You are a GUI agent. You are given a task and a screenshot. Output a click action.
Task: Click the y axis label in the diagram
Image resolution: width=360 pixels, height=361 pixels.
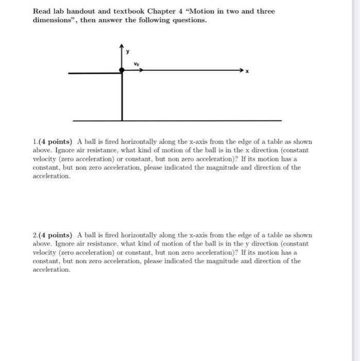point(129,52)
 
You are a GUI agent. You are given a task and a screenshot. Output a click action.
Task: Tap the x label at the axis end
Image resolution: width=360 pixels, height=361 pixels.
point(247,73)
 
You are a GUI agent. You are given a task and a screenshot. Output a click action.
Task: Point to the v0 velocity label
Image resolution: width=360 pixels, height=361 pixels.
point(136,64)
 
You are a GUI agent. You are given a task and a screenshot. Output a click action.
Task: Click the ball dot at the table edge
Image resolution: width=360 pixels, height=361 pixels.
point(122,69)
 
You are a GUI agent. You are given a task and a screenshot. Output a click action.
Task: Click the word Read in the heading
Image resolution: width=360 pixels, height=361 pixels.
point(42,11)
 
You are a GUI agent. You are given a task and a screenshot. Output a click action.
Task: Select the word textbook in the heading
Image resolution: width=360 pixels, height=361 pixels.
point(122,11)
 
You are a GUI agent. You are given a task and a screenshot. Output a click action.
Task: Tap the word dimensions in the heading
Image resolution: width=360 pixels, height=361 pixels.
point(55,20)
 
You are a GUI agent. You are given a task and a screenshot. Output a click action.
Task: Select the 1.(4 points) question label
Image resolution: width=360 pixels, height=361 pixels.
point(53,141)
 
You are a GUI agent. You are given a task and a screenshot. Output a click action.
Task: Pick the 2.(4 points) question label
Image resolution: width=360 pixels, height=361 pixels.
point(53,235)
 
